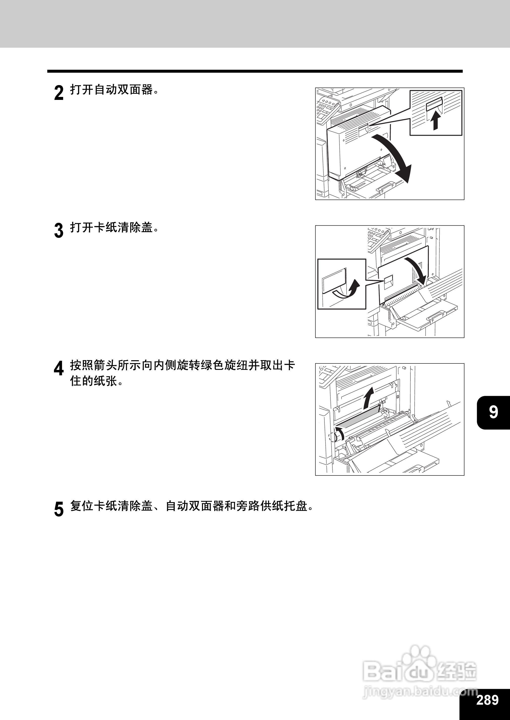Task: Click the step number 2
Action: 59,93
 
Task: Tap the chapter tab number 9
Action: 493,412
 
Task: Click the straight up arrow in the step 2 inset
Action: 435,121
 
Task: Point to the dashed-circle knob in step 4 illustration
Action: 333,436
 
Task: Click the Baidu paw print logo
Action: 418,660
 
